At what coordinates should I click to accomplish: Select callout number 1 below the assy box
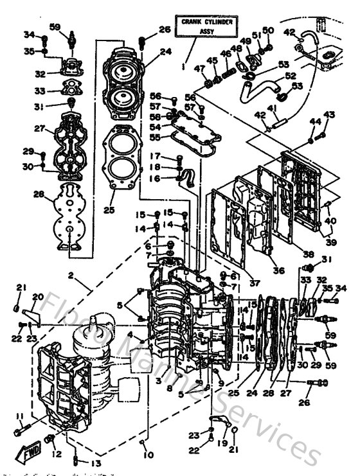click(184, 66)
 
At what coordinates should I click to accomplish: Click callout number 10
click(149, 455)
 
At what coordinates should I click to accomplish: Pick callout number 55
click(155, 137)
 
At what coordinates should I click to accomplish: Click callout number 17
click(154, 155)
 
